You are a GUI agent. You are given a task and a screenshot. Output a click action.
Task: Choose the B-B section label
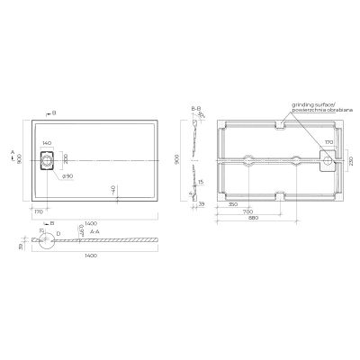tap(195, 108)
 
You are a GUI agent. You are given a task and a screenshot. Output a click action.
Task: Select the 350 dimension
tap(233, 206)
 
